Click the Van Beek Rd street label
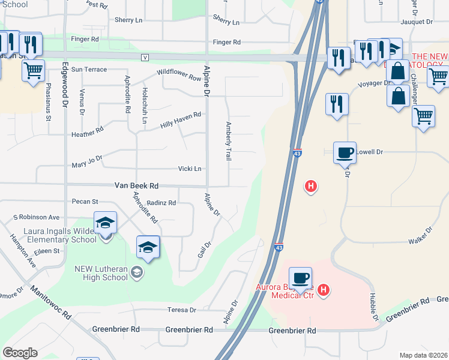[x=137, y=186]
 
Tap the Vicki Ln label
[x=189, y=169]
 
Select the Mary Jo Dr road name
[x=88, y=163]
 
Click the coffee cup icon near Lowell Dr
[x=345, y=152]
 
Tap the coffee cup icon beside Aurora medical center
[x=300, y=278]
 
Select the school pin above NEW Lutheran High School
[x=148, y=247]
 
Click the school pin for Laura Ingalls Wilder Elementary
[x=105, y=223]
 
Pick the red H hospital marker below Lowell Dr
[x=311, y=187]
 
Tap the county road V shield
[x=145, y=58]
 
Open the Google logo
[x=20, y=353]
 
